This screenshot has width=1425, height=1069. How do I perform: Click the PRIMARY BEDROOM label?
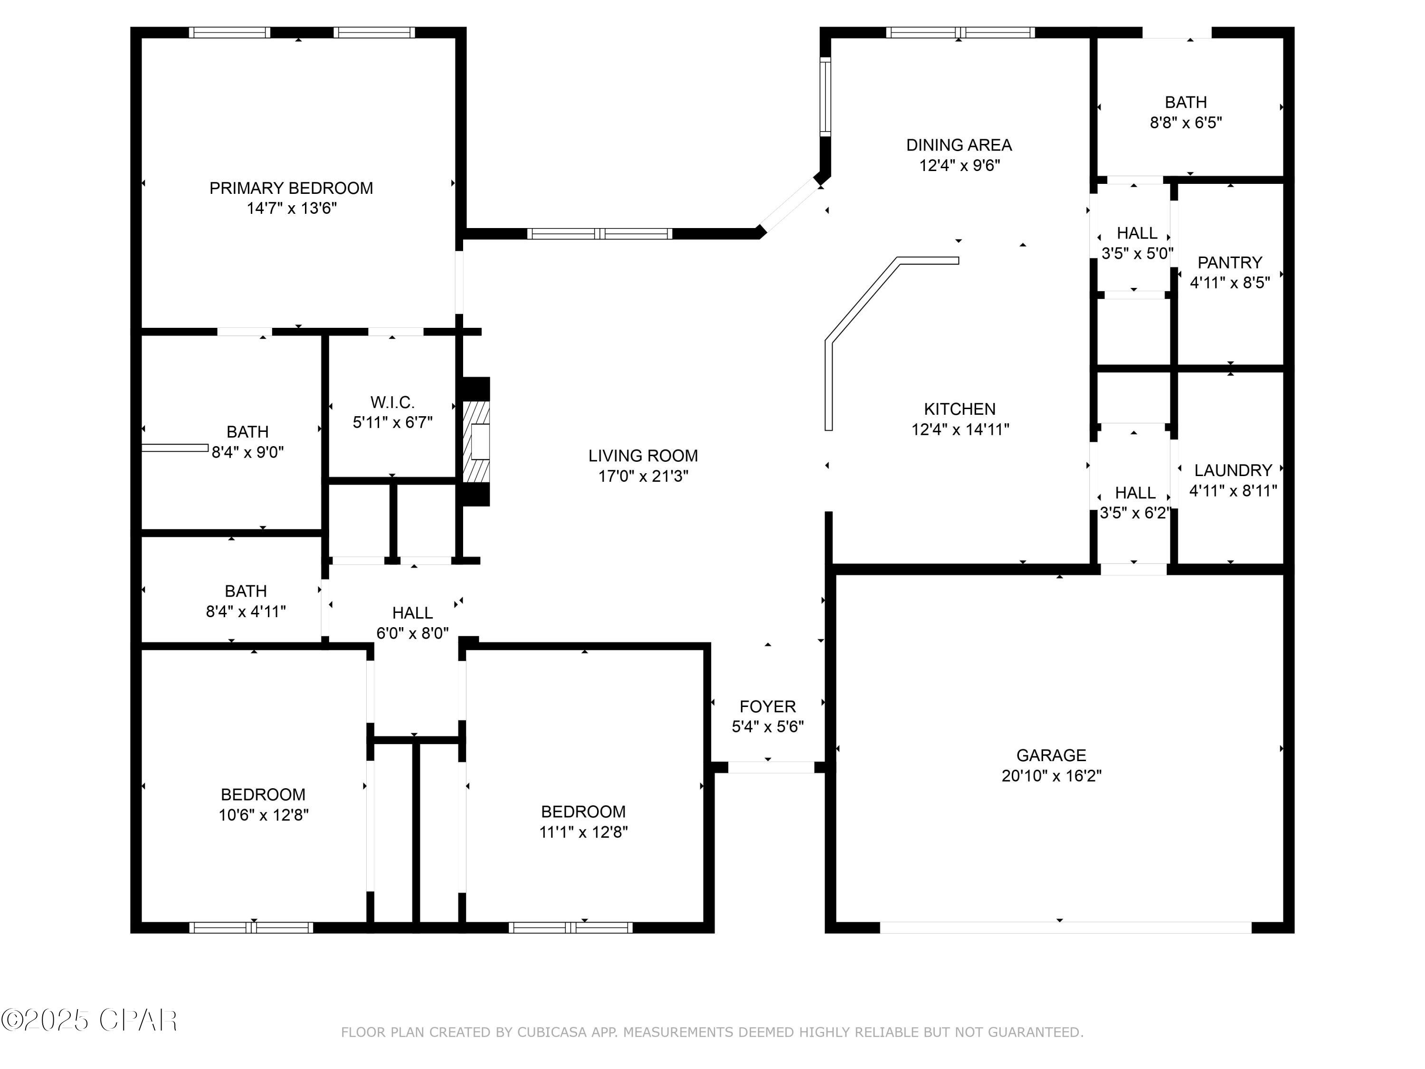tap(291, 188)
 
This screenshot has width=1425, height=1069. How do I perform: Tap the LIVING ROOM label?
tap(643, 456)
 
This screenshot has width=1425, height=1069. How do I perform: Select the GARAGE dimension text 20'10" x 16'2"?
tap(1051, 776)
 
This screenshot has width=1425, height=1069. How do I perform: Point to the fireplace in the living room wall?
tap(475, 441)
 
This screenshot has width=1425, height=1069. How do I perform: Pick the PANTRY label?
tap(1230, 263)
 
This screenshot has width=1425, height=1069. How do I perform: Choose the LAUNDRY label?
tap(1233, 470)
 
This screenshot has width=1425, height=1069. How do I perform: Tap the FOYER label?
tap(767, 706)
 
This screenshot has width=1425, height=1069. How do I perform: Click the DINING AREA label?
tap(959, 145)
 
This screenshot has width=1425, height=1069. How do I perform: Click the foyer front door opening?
tap(771, 767)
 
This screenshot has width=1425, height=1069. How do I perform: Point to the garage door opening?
tap(1065, 927)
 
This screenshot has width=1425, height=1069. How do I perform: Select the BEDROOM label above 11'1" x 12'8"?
tap(583, 811)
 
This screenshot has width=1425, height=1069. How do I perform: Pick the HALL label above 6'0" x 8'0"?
tap(412, 613)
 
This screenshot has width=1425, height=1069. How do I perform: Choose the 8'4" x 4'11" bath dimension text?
tap(246, 611)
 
